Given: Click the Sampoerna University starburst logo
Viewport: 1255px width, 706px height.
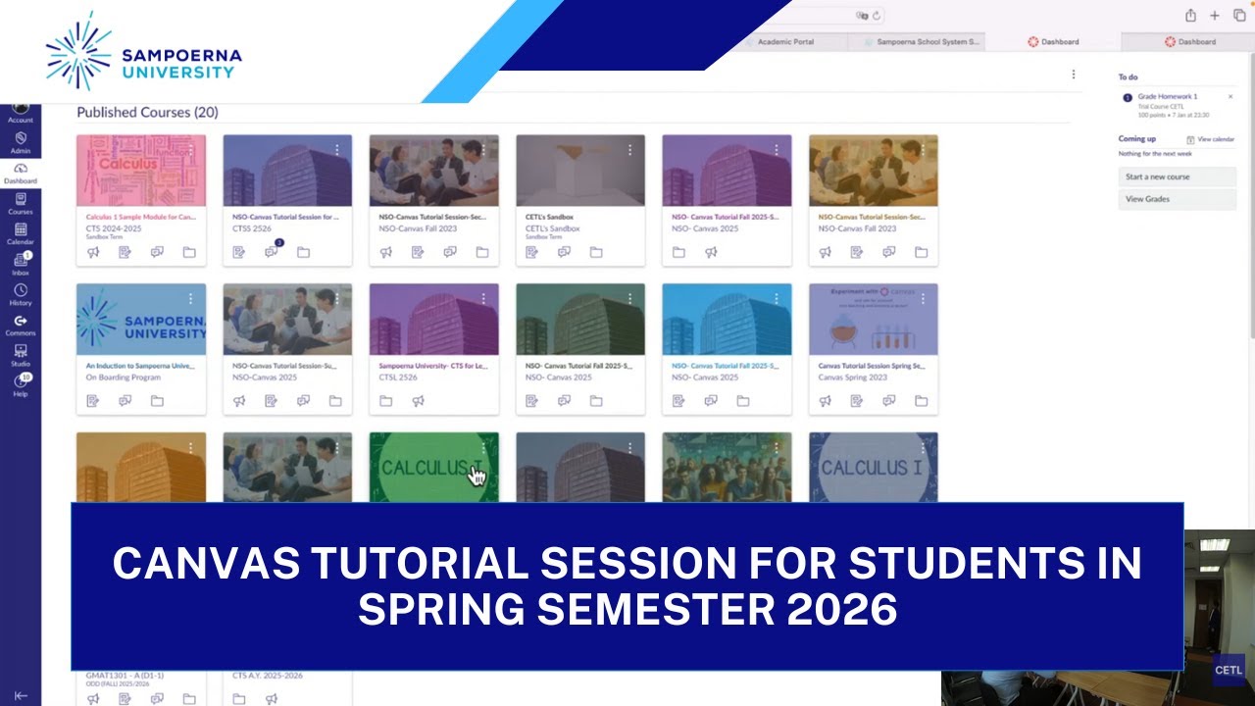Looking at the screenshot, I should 79,51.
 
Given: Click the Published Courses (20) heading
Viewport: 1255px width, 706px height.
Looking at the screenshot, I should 147,113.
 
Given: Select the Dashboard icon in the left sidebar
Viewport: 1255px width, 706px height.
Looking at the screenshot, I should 21,172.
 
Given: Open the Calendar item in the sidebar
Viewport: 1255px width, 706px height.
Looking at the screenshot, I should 21,233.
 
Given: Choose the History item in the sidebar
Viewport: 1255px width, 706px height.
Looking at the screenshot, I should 21,294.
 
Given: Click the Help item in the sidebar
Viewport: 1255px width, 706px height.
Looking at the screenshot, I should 21,385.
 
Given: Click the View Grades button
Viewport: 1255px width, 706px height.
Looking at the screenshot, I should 1177,199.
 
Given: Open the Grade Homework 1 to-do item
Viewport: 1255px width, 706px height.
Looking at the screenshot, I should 1167,97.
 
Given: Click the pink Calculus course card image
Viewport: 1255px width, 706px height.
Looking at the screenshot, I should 141,170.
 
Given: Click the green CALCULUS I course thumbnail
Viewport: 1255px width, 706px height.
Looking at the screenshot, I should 433,468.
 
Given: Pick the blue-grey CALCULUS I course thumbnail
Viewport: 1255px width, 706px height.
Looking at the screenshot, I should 873,468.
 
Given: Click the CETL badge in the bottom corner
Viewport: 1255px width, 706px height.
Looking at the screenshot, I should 1228,671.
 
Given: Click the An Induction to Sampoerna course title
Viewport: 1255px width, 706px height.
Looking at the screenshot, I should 140,366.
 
